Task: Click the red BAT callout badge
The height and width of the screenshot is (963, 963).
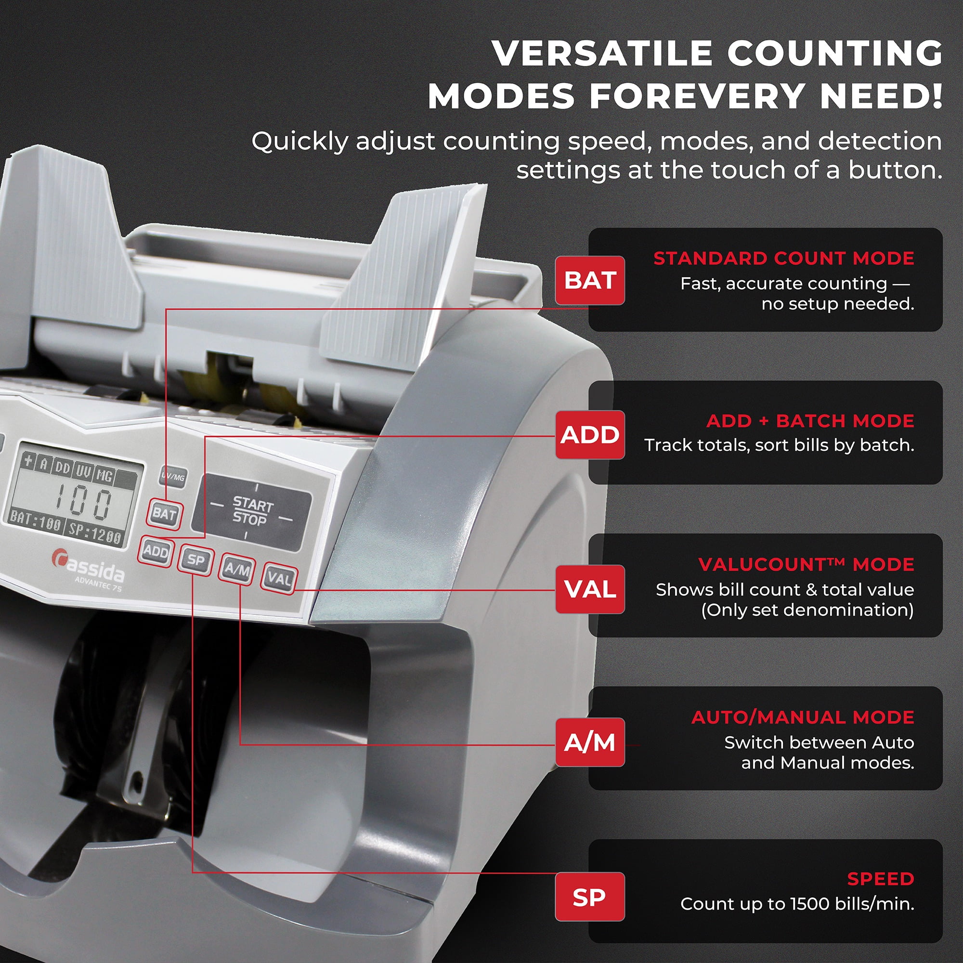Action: pyautogui.click(x=590, y=280)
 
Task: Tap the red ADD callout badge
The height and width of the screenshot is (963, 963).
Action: pyautogui.click(x=590, y=435)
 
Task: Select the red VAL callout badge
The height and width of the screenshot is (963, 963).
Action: pyautogui.click(x=590, y=589)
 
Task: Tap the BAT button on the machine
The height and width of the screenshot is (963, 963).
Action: pyautogui.click(x=165, y=513)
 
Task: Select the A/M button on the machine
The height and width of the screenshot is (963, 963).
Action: pyautogui.click(x=237, y=569)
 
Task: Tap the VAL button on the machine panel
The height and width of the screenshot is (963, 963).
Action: pyautogui.click(x=279, y=578)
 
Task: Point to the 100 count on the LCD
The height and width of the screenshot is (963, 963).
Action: pyautogui.click(x=83, y=503)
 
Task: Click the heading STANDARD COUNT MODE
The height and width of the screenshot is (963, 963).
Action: pyautogui.click(x=783, y=258)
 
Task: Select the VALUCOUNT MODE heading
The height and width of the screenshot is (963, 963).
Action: pyautogui.click(x=806, y=564)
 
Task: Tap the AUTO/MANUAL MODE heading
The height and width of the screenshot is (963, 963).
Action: pyautogui.click(x=803, y=717)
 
